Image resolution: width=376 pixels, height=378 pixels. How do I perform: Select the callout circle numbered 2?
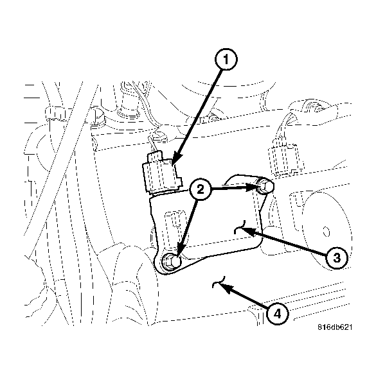point(201,189)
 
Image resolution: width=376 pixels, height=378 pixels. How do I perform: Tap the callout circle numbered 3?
point(336,258)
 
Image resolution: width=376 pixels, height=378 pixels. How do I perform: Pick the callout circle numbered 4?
point(276,313)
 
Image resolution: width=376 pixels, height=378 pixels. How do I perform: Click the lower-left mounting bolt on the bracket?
point(170,261)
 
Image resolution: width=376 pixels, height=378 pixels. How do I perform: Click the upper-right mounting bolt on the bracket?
point(264,187)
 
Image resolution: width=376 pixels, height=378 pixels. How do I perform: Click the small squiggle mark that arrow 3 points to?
point(240,225)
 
